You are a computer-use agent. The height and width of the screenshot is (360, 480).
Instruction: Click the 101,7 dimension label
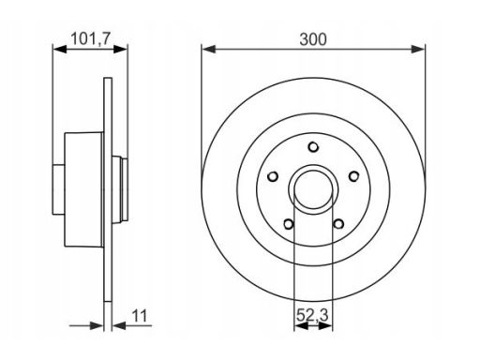(x=91, y=39)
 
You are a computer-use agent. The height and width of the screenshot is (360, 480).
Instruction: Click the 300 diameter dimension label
(x=313, y=39)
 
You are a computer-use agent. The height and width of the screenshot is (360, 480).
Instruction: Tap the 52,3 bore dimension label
(x=312, y=315)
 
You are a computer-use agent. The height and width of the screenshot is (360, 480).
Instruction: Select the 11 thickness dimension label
(x=140, y=316)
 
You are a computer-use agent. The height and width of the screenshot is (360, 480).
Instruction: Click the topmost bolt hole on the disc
(x=313, y=147)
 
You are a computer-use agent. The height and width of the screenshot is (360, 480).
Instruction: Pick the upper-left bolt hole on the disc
(x=273, y=176)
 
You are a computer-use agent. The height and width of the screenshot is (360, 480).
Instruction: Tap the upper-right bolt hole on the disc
(x=353, y=176)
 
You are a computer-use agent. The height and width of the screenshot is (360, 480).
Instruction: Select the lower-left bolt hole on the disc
(x=289, y=224)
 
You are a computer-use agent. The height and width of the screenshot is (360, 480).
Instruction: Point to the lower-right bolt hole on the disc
(x=338, y=224)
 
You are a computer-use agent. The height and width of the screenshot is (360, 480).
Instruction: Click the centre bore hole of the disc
(x=313, y=189)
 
